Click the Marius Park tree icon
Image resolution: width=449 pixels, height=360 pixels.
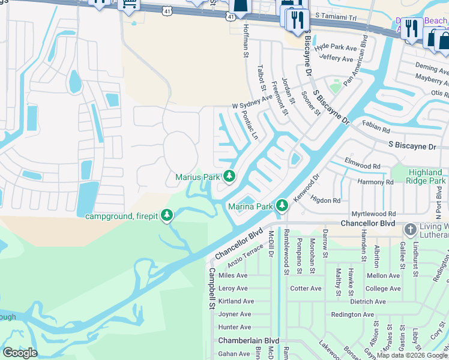click(229, 176)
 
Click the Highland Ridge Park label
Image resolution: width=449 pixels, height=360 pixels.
click(420, 176)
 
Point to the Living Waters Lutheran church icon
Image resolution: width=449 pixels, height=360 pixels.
click(410, 230)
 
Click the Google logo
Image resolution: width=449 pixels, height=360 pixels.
click(20, 352)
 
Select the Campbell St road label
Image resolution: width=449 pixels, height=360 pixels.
click(211, 288)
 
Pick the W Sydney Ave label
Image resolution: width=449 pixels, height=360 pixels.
click(252, 106)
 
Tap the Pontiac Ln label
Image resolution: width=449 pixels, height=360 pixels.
click(249, 125)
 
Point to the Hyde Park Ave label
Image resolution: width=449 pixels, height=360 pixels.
click(336, 46)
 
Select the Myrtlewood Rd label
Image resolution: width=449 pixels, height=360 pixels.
click(373, 214)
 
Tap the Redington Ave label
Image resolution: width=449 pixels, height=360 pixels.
click(353, 314)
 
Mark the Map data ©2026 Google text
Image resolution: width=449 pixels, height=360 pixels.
click(412, 355)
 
